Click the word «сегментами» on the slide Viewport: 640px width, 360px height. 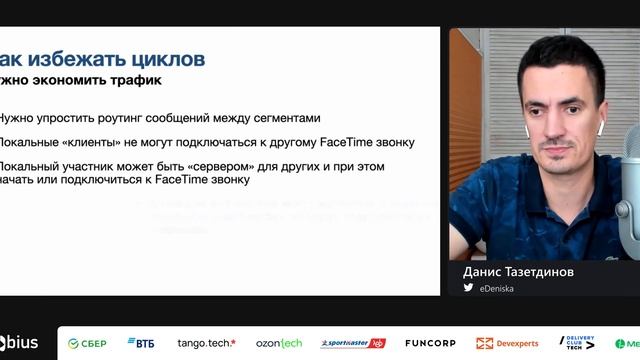(x=286, y=117)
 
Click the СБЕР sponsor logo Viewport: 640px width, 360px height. (x=87, y=343)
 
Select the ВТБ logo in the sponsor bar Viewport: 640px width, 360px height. (x=141, y=343)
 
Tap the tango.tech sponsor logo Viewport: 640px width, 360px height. (x=206, y=343)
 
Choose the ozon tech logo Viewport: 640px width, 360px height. (x=278, y=343)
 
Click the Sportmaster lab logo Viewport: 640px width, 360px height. (x=352, y=343)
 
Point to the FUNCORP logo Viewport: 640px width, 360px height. (x=430, y=343)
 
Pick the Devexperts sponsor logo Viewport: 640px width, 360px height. (x=508, y=343)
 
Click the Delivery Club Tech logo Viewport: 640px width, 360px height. (x=577, y=343)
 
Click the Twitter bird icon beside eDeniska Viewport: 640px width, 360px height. (x=468, y=287)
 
